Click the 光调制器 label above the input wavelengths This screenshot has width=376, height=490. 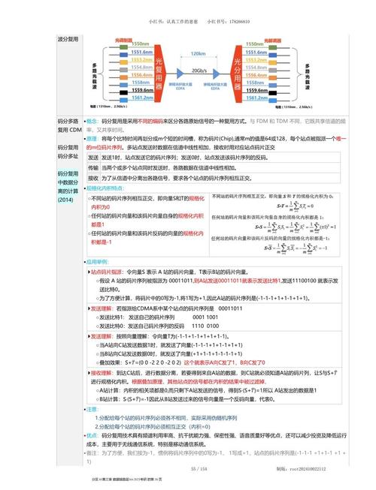pos(124,38)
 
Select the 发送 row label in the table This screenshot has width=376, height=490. pos(93,158)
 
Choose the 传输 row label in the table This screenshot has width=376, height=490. pos(93,168)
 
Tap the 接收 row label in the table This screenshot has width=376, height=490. pos(93,179)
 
